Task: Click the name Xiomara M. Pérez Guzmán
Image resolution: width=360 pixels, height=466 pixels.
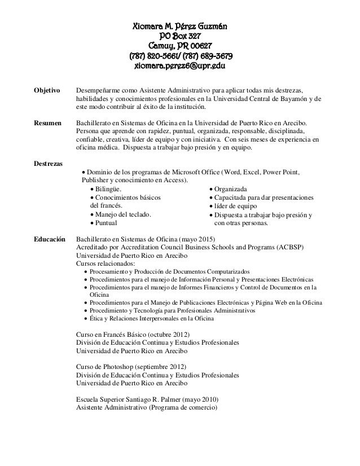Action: point(179,27)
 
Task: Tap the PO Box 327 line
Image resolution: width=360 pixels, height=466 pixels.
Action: point(179,37)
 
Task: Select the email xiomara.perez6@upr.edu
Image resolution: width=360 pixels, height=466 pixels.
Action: point(179,67)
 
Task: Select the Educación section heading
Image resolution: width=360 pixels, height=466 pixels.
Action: point(50,238)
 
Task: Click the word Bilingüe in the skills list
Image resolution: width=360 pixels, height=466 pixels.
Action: point(107,189)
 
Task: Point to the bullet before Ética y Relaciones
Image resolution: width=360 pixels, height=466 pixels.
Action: point(85,319)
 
